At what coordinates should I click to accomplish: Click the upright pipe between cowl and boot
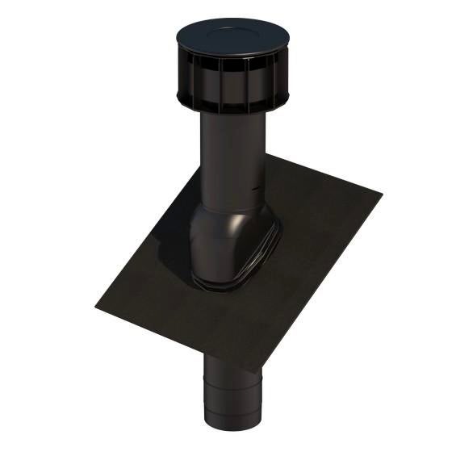(229, 157)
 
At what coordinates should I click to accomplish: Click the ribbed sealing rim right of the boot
(273, 242)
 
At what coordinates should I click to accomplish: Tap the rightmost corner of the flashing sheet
(380, 192)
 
